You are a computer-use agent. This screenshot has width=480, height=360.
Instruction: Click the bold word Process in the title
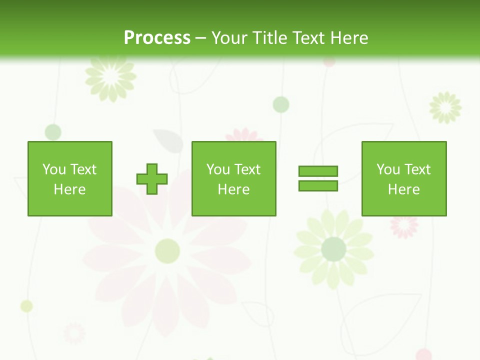point(157,38)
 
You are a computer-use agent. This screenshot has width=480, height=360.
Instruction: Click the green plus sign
point(152,179)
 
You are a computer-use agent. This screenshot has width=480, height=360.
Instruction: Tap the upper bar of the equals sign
point(318,171)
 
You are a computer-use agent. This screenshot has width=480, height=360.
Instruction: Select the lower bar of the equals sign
point(318,185)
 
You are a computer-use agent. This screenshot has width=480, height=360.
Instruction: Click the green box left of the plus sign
point(70,178)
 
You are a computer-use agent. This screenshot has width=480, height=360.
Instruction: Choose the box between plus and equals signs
point(234,178)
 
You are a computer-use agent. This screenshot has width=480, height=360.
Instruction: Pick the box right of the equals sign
point(404,178)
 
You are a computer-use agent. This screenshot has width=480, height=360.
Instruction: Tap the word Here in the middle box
point(234,189)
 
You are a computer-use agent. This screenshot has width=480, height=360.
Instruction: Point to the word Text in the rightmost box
point(417,169)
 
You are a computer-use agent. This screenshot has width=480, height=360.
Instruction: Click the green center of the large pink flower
point(167,250)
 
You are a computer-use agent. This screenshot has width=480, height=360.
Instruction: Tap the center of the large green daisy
point(333,249)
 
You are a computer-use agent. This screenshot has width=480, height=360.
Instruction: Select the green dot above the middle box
point(281,104)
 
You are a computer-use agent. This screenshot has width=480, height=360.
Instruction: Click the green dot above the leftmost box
point(53,132)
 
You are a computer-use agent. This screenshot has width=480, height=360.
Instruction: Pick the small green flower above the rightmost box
point(445,107)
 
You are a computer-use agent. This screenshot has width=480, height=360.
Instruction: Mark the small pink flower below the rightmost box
point(404,226)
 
